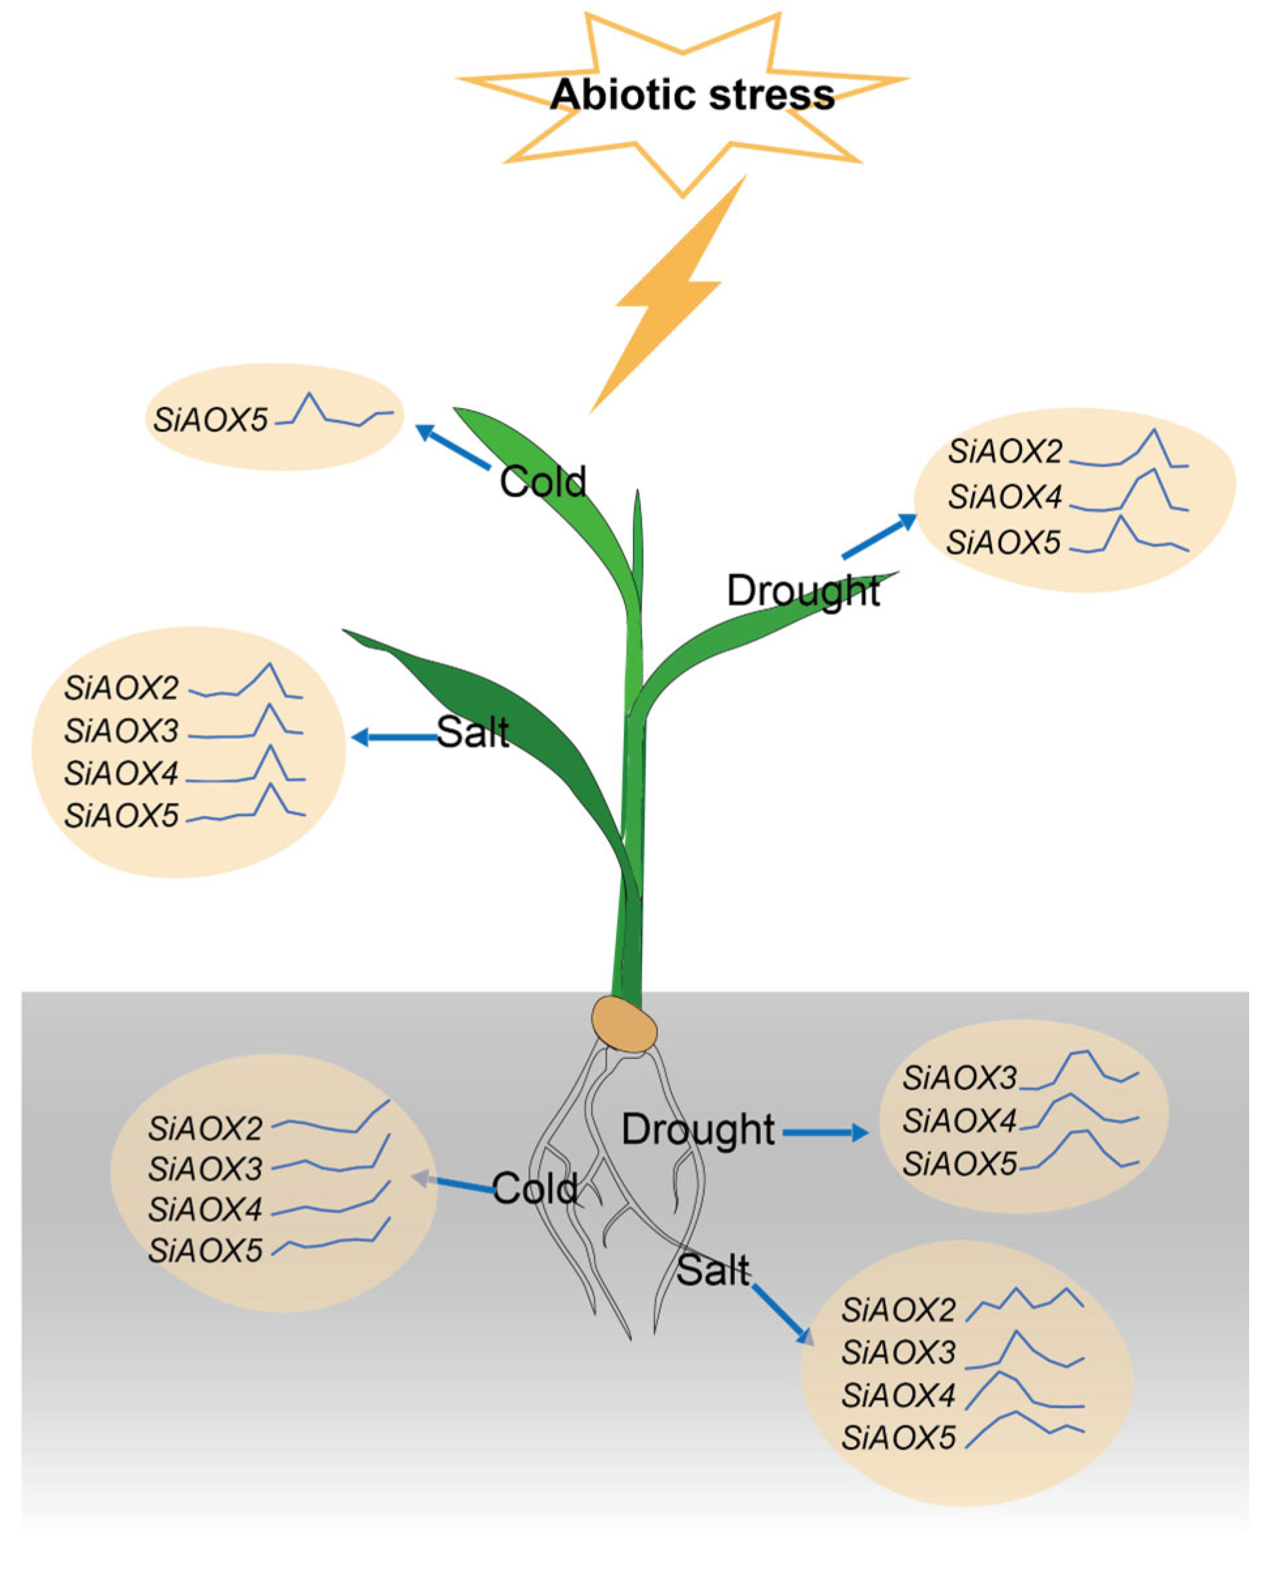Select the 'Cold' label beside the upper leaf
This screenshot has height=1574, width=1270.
tap(543, 482)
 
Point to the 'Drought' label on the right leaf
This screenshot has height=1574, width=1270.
tap(803, 591)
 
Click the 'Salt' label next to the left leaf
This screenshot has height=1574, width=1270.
tap(472, 731)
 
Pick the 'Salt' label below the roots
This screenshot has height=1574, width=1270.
tap(713, 1271)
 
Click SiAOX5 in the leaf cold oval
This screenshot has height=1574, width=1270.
tap(210, 420)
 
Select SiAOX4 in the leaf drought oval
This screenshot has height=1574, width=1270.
tap(1004, 497)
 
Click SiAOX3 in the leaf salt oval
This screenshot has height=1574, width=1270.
tap(121, 731)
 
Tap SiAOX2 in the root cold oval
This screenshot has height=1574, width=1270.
tap(206, 1129)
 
